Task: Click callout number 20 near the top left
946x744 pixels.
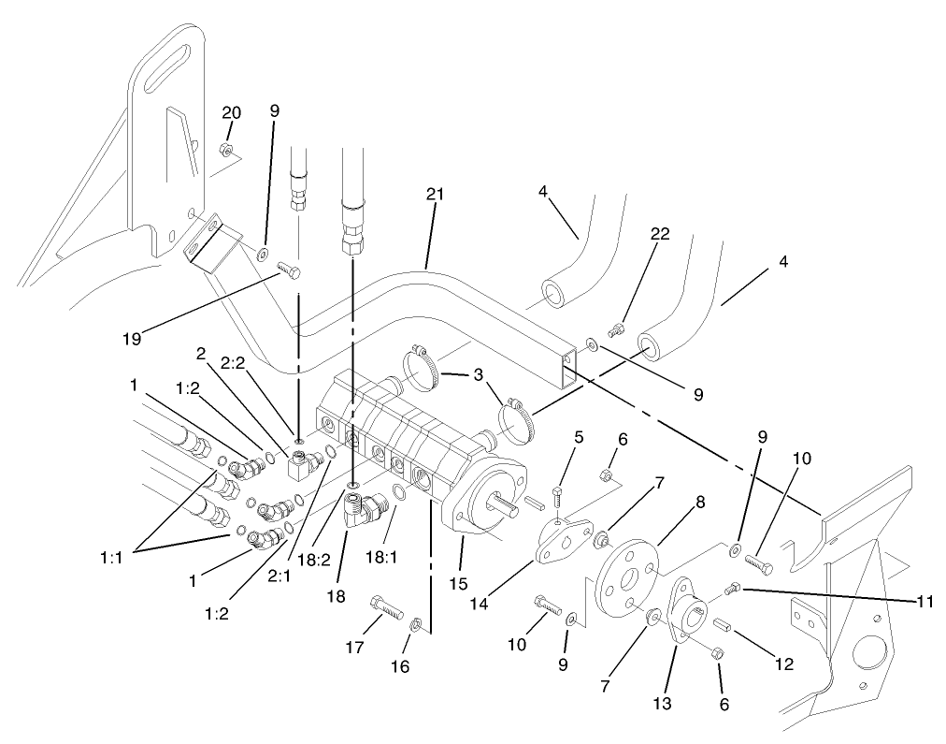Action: [231, 112]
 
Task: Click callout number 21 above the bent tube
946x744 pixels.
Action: [434, 195]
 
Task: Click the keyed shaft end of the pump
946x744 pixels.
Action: [505, 507]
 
